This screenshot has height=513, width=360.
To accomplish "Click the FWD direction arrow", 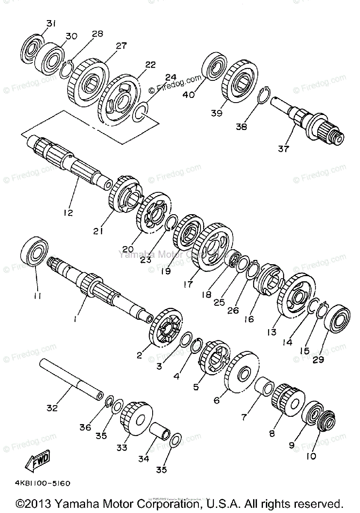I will click(38, 461).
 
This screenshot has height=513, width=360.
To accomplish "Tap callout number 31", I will click(51, 24).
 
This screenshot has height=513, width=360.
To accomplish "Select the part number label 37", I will click(283, 149).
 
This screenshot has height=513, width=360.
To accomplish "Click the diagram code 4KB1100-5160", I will click(42, 484).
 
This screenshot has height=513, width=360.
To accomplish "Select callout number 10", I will click(311, 456).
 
